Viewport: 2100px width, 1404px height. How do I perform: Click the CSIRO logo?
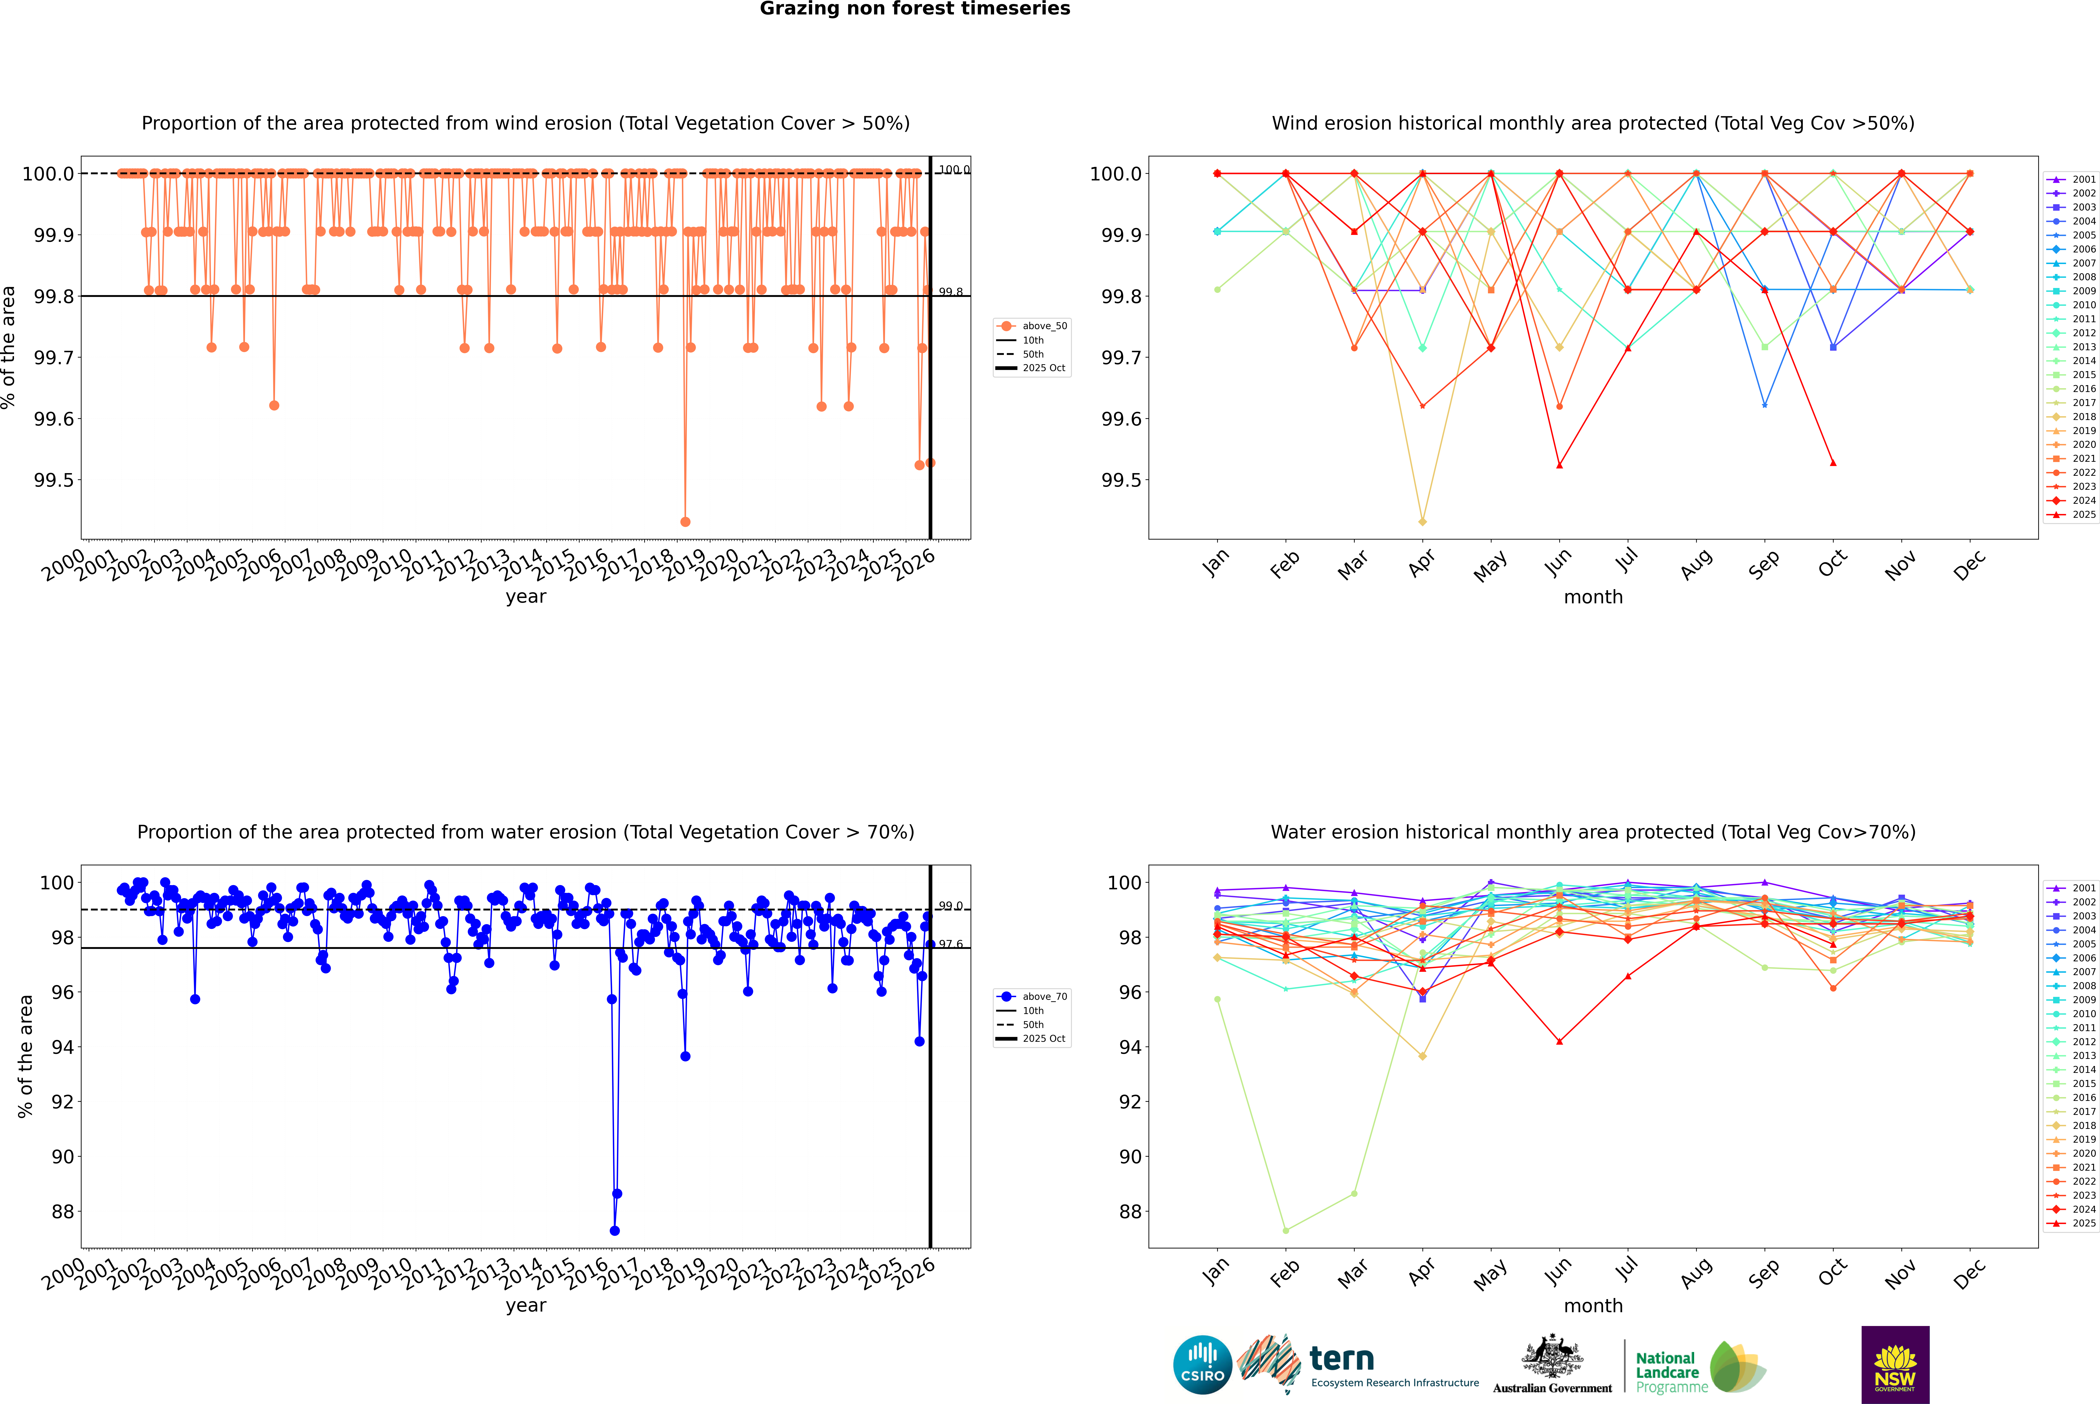[1202, 1365]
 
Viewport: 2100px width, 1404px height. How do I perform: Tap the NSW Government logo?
[1895, 1365]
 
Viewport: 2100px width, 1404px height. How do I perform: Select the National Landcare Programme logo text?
[1667, 1372]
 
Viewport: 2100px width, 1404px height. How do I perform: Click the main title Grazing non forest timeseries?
[915, 9]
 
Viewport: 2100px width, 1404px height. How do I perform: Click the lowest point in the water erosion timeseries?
[614, 1230]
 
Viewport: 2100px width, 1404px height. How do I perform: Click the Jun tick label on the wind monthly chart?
[1558, 562]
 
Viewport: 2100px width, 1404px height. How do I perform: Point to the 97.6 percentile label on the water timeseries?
[951, 944]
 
